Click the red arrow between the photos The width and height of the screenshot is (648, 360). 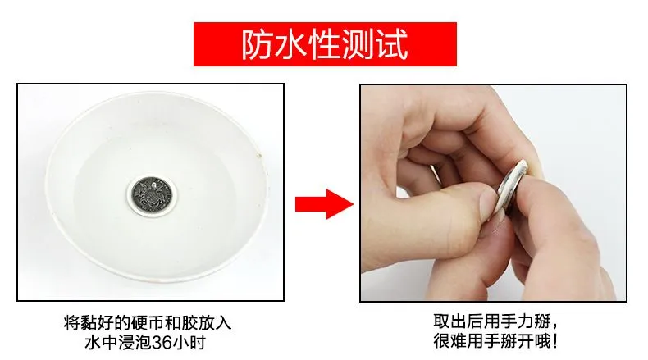pos(325,204)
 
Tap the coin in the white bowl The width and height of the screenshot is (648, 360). pos(152,194)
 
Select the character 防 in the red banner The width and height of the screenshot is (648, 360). pos(258,44)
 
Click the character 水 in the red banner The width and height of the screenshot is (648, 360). pos(291,44)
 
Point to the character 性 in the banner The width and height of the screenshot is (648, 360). pos(325,44)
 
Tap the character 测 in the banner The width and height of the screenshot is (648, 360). pos(358,44)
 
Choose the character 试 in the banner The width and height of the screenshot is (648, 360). pos(392,44)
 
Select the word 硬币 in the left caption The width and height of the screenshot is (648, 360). pos(148,323)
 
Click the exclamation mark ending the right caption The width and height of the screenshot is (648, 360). pos(555,341)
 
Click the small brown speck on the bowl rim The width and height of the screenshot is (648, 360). pos(260,156)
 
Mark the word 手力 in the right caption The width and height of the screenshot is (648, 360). pos(517,321)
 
